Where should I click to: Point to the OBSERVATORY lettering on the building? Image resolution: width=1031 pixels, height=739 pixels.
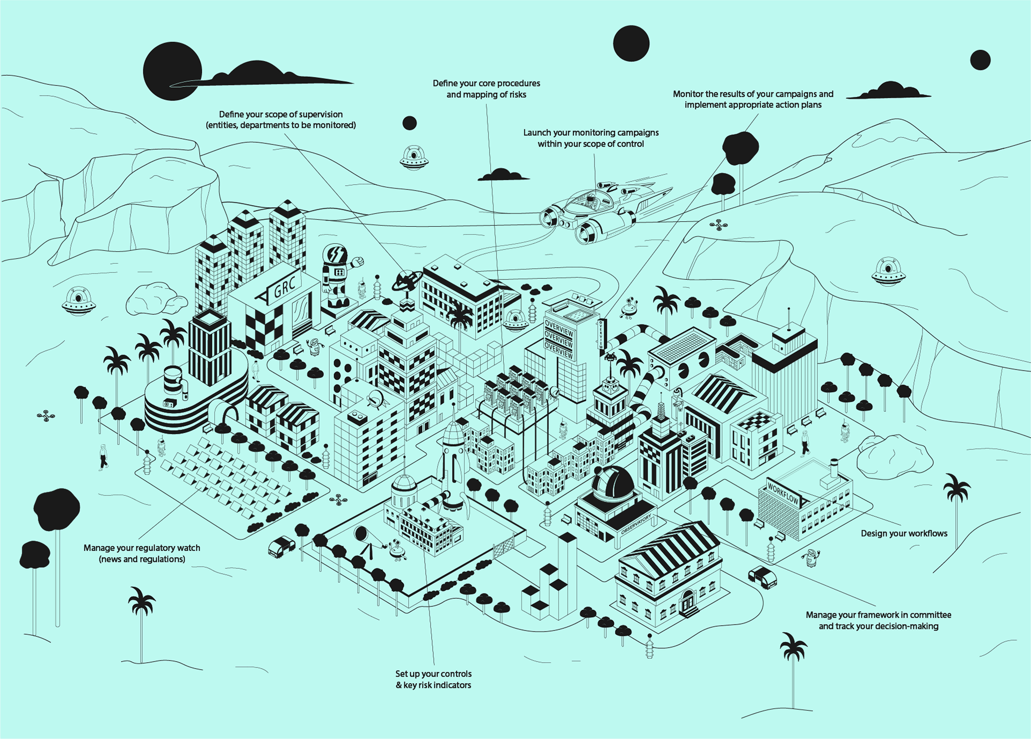(636, 523)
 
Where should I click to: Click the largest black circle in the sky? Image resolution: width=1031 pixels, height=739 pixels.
(172, 71)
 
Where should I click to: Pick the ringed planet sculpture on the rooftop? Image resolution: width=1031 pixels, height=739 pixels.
(408, 280)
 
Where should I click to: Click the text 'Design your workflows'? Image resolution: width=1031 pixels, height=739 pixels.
(904, 533)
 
